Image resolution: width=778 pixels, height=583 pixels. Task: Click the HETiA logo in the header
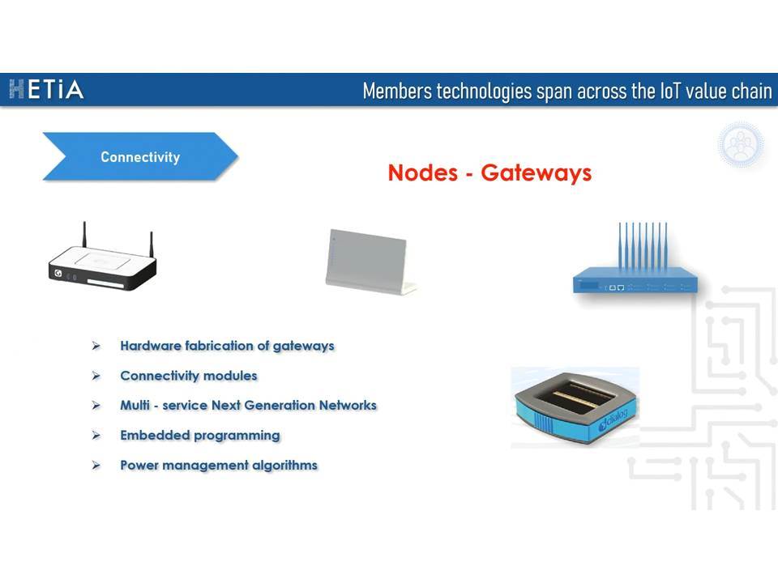pyautogui.click(x=46, y=90)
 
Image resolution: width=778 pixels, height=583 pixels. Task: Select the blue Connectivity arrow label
pyautogui.click(x=140, y=156)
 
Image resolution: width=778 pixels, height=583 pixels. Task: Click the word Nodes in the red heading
pyautogui.click(x=423, y=172)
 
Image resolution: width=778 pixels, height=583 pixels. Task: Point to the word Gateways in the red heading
pyautogui.click(x=536, y=173)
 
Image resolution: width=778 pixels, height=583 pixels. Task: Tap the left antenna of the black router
pyautogui.click(x=84, y=235)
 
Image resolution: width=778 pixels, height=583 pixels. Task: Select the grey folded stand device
pyautogui.click(x=370, y=262)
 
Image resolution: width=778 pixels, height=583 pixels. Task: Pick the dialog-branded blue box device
pyautogui.click(x=575, y=407)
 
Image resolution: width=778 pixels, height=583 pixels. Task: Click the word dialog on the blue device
pyautogui.click(x=613, y=419)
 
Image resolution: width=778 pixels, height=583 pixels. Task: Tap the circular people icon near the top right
pyautogui.click(x=741, y=144)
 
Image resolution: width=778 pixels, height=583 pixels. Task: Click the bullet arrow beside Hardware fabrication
pyautogui.click(x=96, y=346)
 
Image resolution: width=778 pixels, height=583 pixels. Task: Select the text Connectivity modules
pyautogui.click(x=189, y=376)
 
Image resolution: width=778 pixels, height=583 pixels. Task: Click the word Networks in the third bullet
pyautogui.click(x=348, y=405)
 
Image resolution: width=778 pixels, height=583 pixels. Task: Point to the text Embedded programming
pyautogui.click(x=200, y=436)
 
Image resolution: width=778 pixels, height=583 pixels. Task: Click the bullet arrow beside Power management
pyautogui.click(x=96, y=465)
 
